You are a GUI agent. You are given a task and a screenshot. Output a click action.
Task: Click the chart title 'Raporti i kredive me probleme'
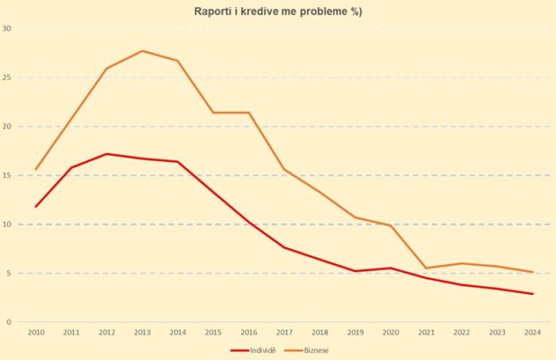coord(278,11)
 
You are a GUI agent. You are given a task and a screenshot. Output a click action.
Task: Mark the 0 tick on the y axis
coord(8,322)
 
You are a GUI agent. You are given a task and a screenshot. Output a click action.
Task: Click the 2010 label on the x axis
coord(35,332)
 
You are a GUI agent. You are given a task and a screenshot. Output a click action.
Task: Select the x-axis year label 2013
coord(143,332)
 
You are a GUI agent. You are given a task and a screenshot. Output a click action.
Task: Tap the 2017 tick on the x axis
coord(284,332)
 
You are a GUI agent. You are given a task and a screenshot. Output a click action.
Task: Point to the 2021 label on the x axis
coord(426,332)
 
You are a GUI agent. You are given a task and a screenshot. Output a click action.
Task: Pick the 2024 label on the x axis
coord(533,332)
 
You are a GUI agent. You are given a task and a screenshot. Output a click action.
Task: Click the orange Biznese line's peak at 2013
coord(143,51)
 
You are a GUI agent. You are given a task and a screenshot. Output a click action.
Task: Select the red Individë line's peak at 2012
coord(107,154)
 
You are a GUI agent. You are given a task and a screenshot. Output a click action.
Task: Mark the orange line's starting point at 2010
coord(35,169)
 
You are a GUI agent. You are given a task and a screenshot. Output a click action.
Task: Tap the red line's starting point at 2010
coord(35,207)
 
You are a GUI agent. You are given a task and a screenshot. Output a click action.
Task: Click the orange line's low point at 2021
coord(426,268)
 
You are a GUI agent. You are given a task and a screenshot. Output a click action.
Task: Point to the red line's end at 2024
coord(533,294)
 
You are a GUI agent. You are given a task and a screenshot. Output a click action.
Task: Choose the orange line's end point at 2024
coord(533,272)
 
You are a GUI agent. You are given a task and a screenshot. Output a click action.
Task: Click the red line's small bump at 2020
coord(391,268)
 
